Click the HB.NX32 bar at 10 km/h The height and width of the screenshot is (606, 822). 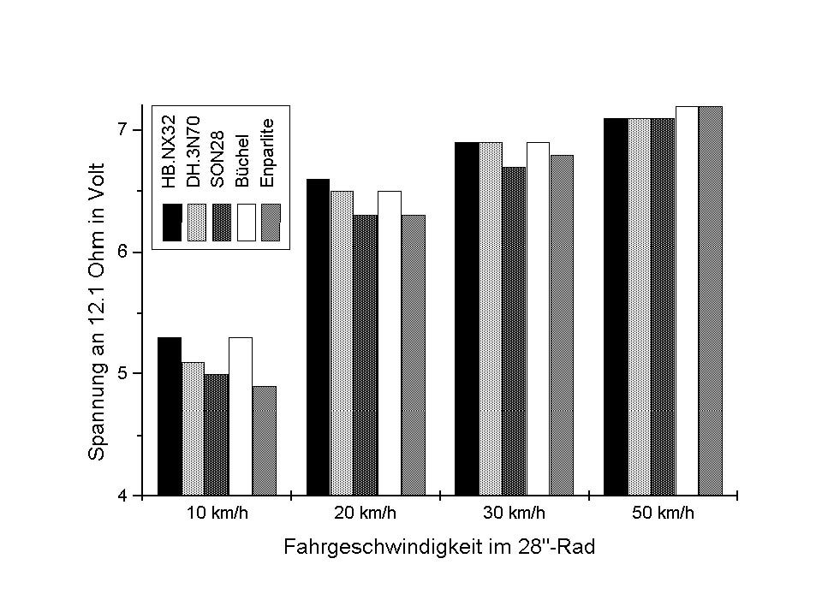170,416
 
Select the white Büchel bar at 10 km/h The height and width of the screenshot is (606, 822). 241,416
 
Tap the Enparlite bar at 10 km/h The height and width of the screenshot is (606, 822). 265,440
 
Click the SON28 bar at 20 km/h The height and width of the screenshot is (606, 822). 366,354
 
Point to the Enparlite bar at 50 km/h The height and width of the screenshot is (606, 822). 711,300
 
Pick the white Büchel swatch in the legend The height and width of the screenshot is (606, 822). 247,223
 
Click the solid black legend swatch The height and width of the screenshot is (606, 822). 171,223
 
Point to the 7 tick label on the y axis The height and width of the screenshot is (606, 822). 122,130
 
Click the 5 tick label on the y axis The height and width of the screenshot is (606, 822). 122,374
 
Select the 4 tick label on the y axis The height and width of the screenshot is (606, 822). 122,496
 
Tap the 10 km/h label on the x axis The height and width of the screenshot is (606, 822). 217,514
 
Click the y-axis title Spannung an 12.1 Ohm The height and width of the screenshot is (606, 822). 97,312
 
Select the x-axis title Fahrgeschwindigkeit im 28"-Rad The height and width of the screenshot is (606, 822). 438,549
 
